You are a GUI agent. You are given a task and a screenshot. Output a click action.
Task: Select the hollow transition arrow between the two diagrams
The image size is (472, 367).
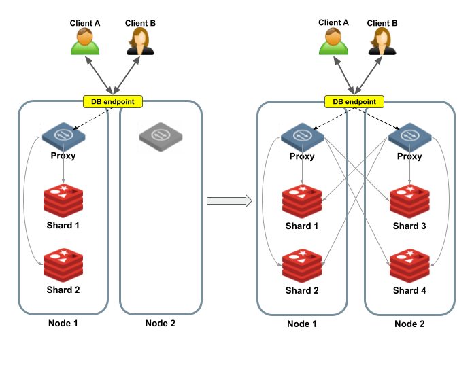click(x=229, y=200)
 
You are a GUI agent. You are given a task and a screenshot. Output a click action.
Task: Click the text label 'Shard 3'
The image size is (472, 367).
click(x=409, y=226)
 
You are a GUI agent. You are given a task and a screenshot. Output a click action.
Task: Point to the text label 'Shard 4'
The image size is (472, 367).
click(x=409, y=291)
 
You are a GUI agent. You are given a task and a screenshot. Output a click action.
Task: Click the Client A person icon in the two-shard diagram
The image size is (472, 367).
click(x=85, y=41)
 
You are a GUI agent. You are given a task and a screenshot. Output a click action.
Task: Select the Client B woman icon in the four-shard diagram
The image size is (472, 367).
click(x=382, y=41)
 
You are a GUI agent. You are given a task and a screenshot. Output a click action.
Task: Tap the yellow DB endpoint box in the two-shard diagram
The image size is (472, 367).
click(x=113, y=102)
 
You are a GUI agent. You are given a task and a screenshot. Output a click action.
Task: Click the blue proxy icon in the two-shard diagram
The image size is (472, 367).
click(x=63, y=135)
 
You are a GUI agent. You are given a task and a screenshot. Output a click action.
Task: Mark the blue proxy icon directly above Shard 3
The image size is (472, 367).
click(x=409, y=135)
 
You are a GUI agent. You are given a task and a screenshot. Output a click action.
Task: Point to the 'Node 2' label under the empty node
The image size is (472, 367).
click(x=161, y=323)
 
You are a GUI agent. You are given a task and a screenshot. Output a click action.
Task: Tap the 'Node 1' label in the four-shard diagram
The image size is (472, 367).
click(x=302, y=324)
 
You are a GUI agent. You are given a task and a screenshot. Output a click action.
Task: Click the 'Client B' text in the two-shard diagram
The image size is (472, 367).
click(x=140, y=23)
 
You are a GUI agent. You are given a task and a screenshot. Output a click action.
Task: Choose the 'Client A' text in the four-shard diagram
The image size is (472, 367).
click(x=334, y=22)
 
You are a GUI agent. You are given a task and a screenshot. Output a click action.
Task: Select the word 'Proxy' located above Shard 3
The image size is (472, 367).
click(x=409, y=156)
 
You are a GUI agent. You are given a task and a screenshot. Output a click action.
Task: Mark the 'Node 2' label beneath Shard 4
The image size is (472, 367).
click(x=409, y=324)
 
